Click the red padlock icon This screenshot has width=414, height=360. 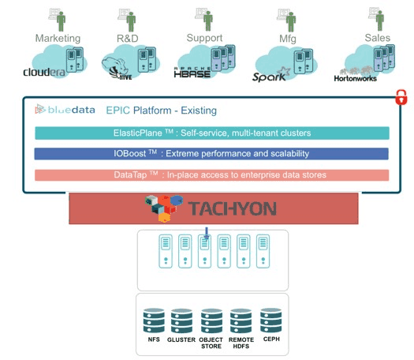point(401,97)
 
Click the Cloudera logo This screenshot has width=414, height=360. point(44,72)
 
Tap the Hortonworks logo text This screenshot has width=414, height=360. point(355,78)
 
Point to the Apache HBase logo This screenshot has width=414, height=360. point(192,72)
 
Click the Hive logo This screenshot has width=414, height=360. point(117,69)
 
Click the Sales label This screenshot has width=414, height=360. point(377,38)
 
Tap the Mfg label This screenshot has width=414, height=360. point(288,39)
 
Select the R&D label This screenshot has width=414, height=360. point(128,39)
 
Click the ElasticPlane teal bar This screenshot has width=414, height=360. point(212,133)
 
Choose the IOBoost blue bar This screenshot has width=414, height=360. point(211,154)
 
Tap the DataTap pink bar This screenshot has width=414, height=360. point(212,175)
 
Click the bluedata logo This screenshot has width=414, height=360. point(65,110)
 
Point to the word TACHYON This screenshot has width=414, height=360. point(233,208)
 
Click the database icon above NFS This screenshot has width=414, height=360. point(154,321)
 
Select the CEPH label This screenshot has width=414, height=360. point(271,339)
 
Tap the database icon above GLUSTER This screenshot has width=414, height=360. point(181,321)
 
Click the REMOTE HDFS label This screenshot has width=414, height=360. point(241,343)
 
